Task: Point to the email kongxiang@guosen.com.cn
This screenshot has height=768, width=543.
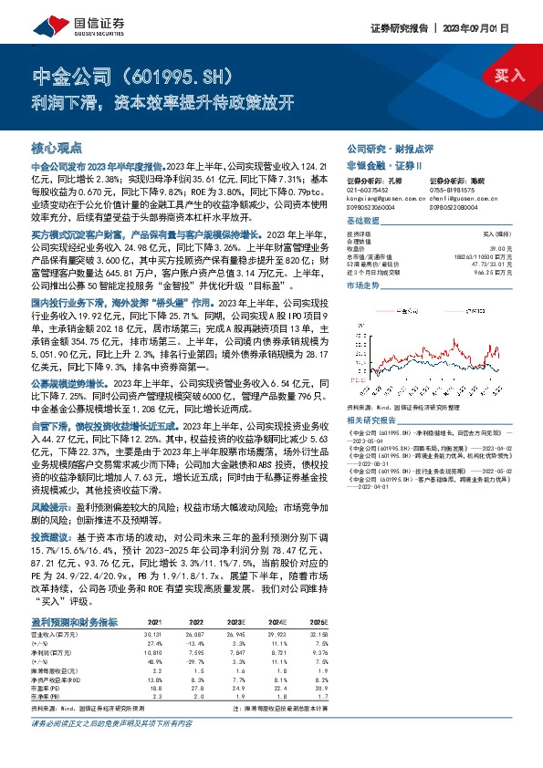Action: (x=387, y=197)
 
